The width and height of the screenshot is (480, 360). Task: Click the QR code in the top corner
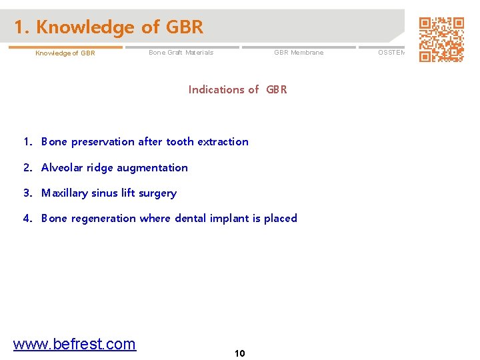[x=441, y=39]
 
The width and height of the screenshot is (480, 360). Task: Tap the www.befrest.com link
[x=75, y=344]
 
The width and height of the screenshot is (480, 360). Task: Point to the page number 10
[x=240, y=353]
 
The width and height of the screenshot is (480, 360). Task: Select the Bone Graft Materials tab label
[x=181, y=53]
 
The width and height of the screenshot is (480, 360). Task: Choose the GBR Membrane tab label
[x=299, y=53]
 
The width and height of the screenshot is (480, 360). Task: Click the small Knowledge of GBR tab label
[x=65, y=53]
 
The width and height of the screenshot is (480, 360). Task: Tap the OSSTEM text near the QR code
[x=392, y=53]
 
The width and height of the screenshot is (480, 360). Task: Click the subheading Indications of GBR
[x=237, y=89]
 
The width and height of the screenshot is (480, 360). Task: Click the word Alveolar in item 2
[x=62, y=167]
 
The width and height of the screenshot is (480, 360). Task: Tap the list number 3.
[x=27, y=193]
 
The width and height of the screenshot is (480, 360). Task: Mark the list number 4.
[x=27, y=219]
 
